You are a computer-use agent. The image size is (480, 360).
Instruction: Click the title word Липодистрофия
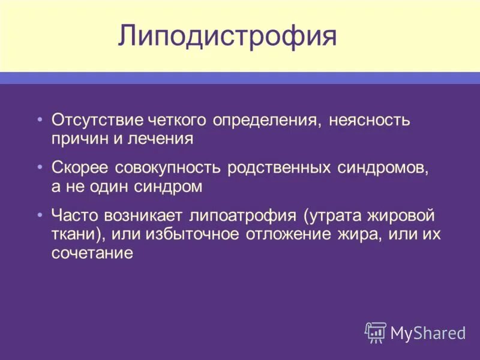pos(227,37)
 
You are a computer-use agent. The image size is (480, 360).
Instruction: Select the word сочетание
pos(91,253)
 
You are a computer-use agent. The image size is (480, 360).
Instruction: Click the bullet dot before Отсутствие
pos(40,118)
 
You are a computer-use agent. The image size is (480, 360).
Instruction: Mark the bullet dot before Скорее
pos(40,166)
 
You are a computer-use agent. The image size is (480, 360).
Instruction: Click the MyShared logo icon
pos(376,332)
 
